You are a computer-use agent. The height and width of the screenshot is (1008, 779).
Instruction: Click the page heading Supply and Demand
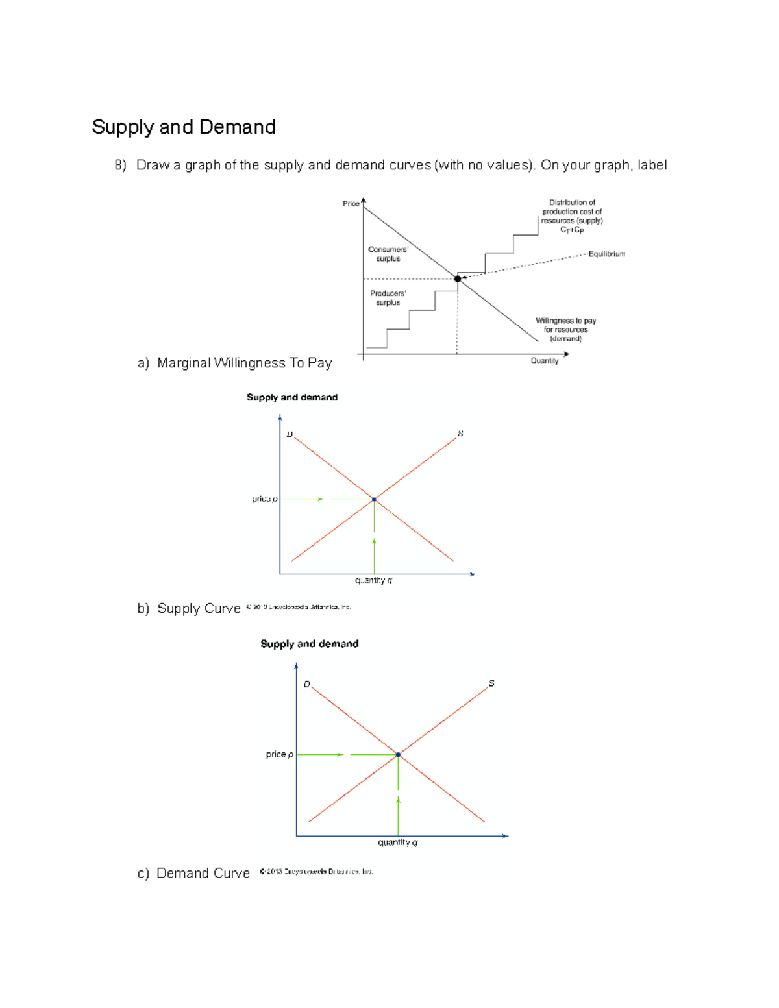point(184,127)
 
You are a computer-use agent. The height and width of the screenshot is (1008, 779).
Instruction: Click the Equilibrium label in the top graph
point(606,254)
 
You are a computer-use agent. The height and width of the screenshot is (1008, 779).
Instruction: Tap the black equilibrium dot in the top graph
point(458,278)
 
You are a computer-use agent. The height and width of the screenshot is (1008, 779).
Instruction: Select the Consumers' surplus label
point(388,254)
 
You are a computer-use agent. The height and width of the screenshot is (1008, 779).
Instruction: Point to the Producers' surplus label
point(388,298)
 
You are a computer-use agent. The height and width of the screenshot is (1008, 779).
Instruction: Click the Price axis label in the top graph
point(351,204)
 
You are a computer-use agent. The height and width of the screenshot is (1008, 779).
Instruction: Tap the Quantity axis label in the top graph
point(544,361)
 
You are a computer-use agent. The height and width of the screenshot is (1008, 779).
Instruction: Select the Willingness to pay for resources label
point(565,329)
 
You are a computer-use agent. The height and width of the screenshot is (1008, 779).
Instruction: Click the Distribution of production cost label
point(572,215)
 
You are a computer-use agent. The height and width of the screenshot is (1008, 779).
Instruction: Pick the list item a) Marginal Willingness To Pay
point(235,363)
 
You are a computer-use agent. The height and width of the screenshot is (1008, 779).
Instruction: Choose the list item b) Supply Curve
point(189,608)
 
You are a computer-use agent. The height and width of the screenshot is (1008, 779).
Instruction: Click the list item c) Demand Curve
point(193,873)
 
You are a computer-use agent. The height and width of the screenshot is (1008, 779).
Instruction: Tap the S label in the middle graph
point(460,433)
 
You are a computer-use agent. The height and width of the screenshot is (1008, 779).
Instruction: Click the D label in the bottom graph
point(306,684)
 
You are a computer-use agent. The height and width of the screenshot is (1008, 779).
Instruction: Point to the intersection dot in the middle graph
point(374,499)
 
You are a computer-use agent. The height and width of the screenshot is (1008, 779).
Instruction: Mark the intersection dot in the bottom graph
point(398,754)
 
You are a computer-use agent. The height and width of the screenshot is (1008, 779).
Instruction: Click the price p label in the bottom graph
point(279,754)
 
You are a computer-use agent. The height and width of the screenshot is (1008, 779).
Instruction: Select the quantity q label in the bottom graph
point(397,842)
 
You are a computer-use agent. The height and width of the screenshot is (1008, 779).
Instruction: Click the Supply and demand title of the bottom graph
point(309,644)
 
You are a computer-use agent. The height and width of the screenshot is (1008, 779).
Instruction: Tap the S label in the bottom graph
point(491,683)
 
